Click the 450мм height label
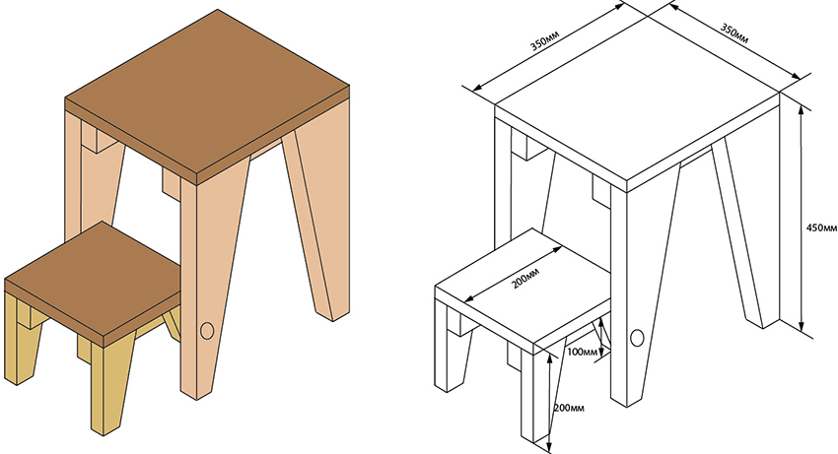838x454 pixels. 821,227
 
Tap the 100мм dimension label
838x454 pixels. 582,352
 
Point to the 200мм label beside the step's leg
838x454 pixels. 570,408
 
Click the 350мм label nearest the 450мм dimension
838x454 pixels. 734,33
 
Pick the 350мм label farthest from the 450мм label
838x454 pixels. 544,40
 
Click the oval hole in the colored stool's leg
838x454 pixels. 207,331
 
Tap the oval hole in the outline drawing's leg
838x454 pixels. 637,338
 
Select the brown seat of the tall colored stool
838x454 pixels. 207,91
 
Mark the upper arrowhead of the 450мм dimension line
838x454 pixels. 801,109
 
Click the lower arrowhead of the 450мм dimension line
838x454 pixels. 802,326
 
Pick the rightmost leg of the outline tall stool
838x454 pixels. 746,225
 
